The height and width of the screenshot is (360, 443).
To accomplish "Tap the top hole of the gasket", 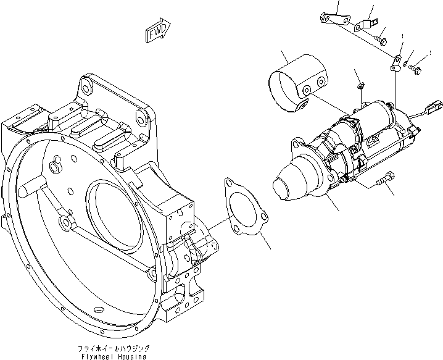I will (x=231, y=183).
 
